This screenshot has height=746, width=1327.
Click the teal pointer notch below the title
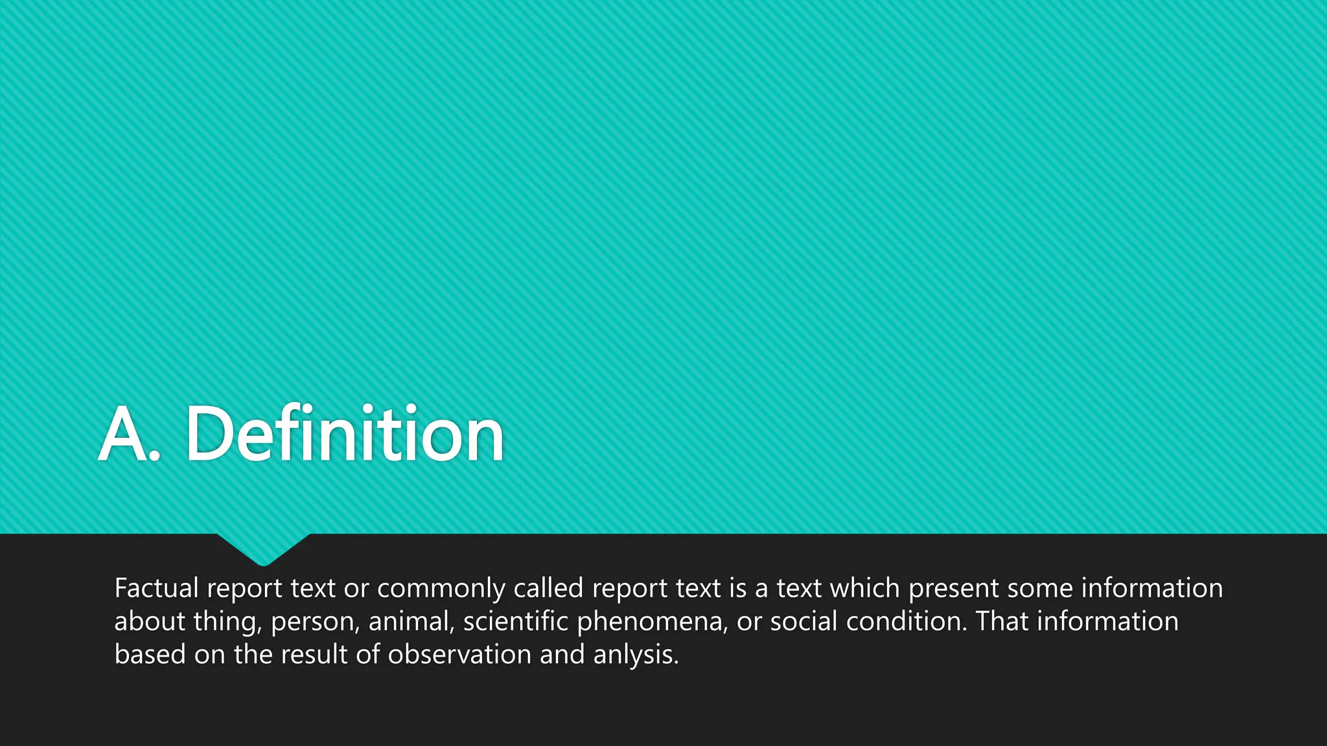point(263,549)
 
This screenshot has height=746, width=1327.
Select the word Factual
point(156,588)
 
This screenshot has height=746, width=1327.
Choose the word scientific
point(516,621)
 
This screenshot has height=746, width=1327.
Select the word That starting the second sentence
point(1002,621)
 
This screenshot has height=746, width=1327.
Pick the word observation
point(459,654)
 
